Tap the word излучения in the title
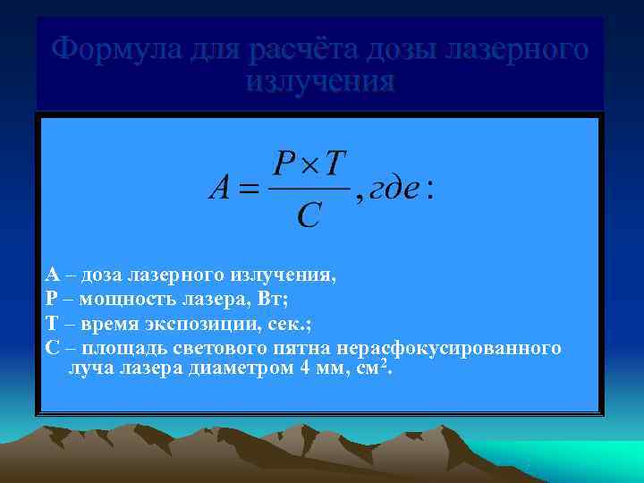pyautogui.click(x=319, y=81)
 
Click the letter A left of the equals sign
pyautogui.click(x=220, y=188)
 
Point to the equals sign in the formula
pyautogui.click(x=249, y=189)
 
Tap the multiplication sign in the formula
pyautogui.click(x=309, y=165)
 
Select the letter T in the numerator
pyautogui.click(x=334, y=163)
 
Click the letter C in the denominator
pyautogui.click(x=309, y=216)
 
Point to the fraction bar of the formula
pyautogui.click(x=309, y=189)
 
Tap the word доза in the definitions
pyautogui.click(x=102, y=275)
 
